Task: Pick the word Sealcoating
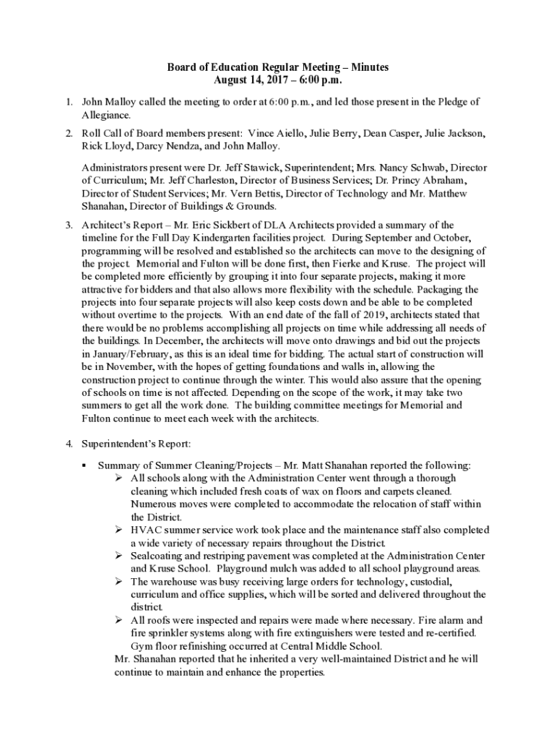click(x=159, y=556)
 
